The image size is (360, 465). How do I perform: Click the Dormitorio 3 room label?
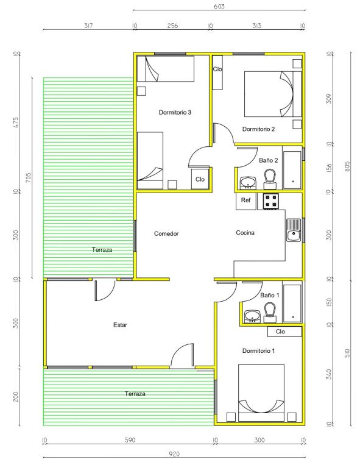click(x=175, y=112)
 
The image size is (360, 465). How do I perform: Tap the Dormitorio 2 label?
click(x=258, y=129)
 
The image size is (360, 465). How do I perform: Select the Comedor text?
click(x=166, y=233)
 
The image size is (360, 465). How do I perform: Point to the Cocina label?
click(x=245, y=233)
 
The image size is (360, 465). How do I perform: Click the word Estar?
click(x=120, y=325)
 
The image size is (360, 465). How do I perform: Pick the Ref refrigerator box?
click(x=246, y=201)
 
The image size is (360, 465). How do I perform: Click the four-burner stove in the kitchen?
click(x=271, y=201)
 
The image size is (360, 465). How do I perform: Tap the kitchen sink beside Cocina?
click(x=294, y=230)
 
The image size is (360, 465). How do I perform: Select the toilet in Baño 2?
click(x=270, y=179)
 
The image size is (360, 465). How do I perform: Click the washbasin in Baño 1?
click(x=252, y=317)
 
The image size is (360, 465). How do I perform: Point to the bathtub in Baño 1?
click(x=292, y=303)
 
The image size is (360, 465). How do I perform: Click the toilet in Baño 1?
click(x=270, y=313)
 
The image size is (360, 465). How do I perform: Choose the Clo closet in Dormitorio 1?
click(x=284, y=332)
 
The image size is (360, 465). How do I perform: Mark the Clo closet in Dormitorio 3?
click(x=200, y=179)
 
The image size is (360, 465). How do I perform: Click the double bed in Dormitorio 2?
click(x=273, y=94)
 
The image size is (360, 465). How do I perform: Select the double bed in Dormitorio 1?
click(x=261, y=393)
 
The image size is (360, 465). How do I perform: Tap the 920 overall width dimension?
click(x=174, y=454)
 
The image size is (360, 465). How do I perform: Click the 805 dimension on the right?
click(x=348, y=166)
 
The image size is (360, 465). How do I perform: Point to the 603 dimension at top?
click(x=219, y=6)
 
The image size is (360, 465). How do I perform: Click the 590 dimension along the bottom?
click(x=130, y=440)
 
